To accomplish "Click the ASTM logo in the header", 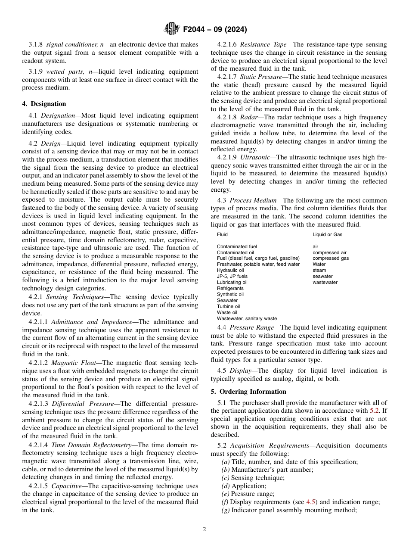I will click(x=172, y=29).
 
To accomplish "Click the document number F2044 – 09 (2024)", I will click(x=215, y=30).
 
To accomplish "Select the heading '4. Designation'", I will click(x=44, y=104).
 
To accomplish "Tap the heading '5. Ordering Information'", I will click(x=248, y=392).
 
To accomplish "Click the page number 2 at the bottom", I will click(x=204, y=529).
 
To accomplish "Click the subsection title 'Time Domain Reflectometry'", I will click(x=91, y=445).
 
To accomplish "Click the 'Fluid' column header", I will click(x=222, y=234).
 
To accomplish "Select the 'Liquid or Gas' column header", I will click(x=327, y=234).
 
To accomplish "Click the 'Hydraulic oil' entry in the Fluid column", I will click(x=230, y=270).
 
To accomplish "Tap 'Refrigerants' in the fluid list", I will click(x=230, y=288).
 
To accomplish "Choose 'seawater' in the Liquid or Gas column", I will click(x=322, y=276).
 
